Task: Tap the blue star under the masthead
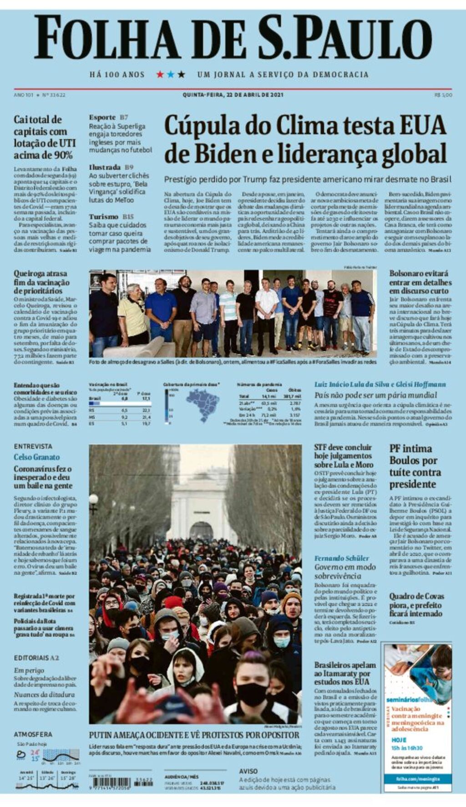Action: (x=171, y=74)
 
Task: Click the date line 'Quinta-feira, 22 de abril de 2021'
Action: (x=233, y=95)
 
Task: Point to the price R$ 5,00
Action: (x=443, y=95)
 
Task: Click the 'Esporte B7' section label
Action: (x=108, y=117)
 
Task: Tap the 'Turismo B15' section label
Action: (x=111, y=217)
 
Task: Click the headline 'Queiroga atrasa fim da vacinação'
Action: (x=41, y=282)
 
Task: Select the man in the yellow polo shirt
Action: (x=132, y=314)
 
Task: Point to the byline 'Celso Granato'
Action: (x=36, y=457)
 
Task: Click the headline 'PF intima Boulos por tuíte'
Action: (x=415, y=466)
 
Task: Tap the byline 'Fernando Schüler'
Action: (x=341, y=558)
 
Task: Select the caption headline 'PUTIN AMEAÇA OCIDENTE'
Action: (x=193, y=735)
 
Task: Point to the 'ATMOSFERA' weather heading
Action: (x=33, y=734)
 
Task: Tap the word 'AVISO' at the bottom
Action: (x=248, y=771)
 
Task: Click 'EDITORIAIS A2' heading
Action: (x=36, y=658)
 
